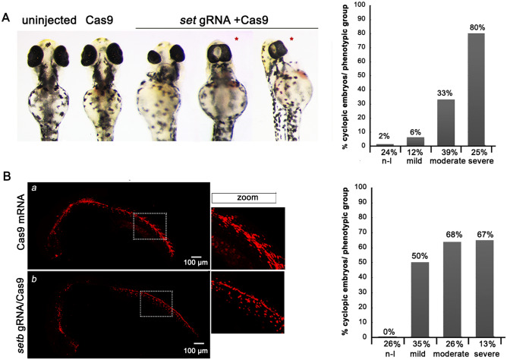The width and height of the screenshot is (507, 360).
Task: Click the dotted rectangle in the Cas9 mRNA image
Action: [149, 226]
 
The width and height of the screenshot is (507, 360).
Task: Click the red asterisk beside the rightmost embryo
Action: [292, 38]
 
